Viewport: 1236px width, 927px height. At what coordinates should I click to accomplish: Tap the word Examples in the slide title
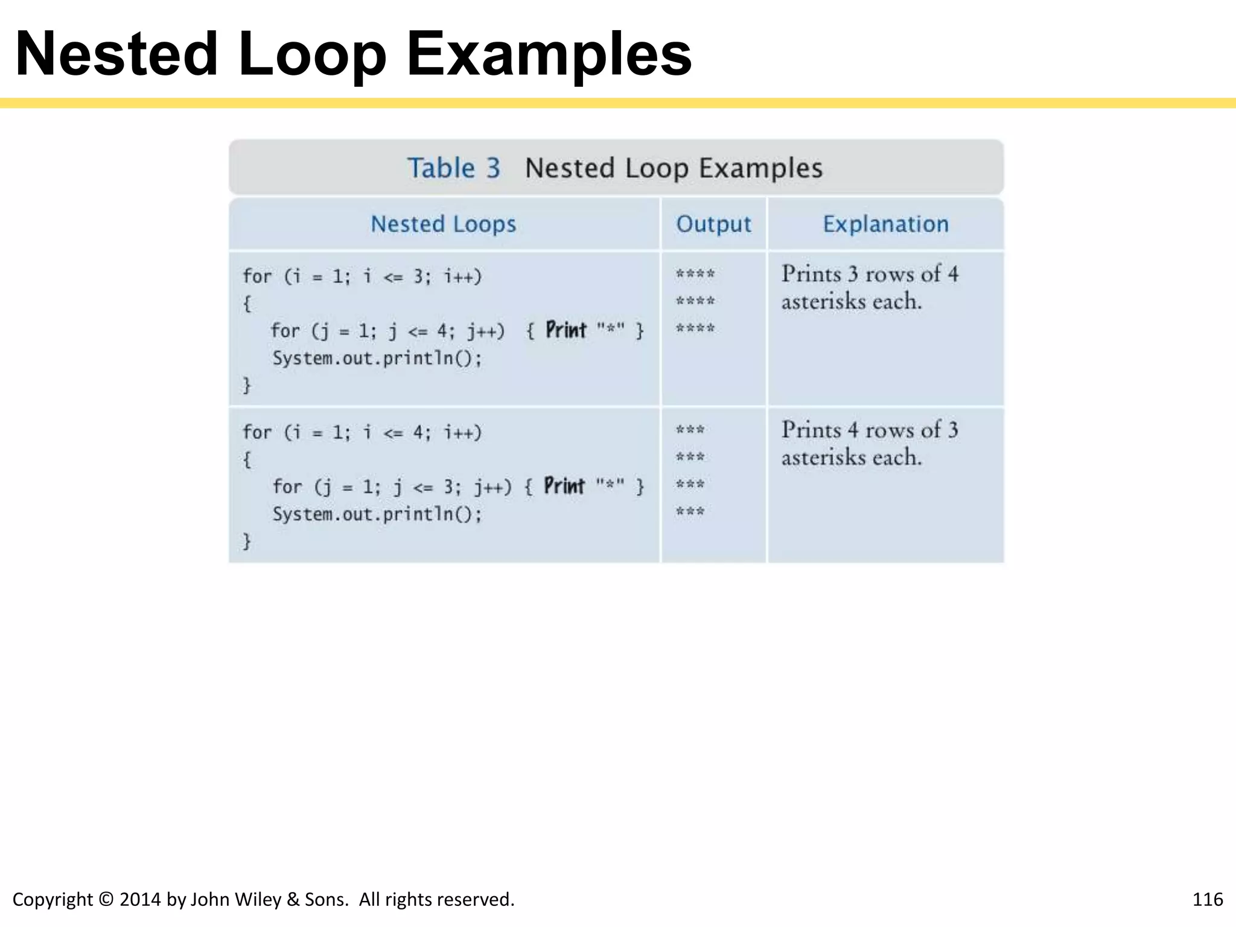549,56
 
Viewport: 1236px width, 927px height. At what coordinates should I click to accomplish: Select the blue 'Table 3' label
454,168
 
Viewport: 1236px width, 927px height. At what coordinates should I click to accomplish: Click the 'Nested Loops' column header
444,224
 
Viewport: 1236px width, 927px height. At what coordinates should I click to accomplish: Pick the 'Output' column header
713,224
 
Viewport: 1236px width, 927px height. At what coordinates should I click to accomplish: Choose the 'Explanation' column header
885,224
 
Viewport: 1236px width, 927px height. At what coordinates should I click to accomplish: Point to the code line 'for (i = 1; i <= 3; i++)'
362,276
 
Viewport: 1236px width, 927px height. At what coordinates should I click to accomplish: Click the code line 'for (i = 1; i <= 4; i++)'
362,432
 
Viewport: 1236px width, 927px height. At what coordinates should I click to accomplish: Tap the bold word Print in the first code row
566,330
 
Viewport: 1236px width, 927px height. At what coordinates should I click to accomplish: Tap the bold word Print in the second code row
564,486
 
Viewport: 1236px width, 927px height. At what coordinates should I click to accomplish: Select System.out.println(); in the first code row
377,358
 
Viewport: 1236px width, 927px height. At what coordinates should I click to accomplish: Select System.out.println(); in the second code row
377,514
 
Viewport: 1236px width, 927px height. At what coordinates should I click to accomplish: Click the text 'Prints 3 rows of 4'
870,274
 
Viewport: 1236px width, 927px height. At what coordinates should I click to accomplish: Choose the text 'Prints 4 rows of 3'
870,430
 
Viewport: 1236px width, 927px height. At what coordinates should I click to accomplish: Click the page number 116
1207,899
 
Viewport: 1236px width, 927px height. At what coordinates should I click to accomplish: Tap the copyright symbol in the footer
106,899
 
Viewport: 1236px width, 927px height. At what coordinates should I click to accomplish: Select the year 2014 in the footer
140,899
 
